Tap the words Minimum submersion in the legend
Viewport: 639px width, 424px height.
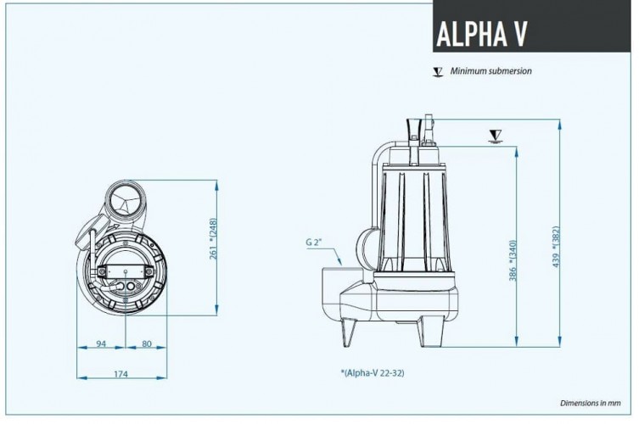[x=491, y=71]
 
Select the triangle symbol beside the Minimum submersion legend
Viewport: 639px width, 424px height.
[x=438, y=72]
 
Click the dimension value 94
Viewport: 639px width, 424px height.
[x=100, y=344]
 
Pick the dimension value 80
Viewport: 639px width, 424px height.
[x=146, y=344]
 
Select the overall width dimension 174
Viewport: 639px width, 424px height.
[x=121, y=374]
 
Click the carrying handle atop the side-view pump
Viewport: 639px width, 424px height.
[x=418, y=127]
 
